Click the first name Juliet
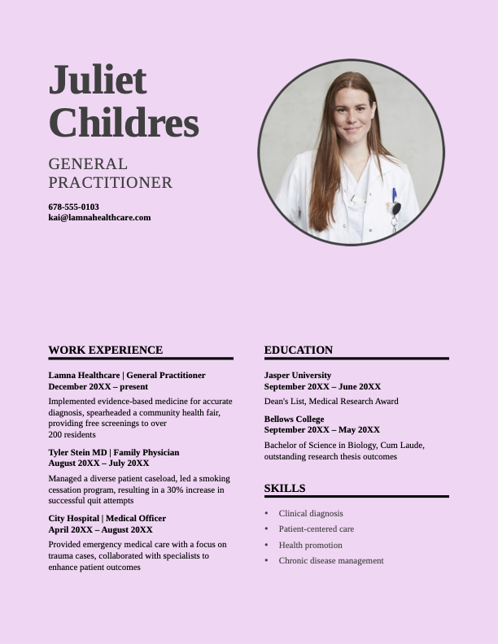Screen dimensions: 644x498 point(98,80)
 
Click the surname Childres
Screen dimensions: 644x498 point(124,123)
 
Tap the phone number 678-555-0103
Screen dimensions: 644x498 point(73,207)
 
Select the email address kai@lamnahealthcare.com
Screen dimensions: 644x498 point(99,217)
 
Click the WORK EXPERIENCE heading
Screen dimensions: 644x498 point(105,350)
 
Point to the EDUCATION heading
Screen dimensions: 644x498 point(299,350)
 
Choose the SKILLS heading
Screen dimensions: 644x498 point(285,488)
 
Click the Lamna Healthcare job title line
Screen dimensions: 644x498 point(127,375)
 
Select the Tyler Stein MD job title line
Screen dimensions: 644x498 point(114,452)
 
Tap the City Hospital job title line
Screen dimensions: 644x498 point(107,518)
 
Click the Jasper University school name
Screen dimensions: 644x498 point(298,375)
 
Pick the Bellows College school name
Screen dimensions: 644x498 point(294,419)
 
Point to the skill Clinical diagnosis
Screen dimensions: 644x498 point(311,513)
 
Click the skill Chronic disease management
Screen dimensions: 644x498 point(330,560)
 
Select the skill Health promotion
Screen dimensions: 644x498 point(310,545)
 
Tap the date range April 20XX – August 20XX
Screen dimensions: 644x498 point(100,529)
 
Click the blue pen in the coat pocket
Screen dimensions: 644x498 point(395,196)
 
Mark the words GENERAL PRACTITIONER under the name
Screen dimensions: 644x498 point(110,173)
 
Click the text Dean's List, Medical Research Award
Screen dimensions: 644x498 point(331,401)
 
